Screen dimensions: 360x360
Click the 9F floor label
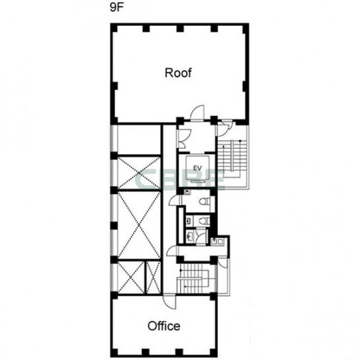click(x=117, y=8)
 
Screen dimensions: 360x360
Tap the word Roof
click(x=178, y=73)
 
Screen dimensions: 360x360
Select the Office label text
click(x=163, y=326)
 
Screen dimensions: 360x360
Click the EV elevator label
click(x=197, y=168)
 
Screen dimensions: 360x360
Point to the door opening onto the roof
click(x=197, y=112)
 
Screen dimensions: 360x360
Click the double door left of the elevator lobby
click(x=185, y=138)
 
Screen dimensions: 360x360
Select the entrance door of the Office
click(x=169, y=302)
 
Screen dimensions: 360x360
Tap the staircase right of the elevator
click(x=232, y=158)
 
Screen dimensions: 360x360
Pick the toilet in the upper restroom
click(x=204, y=202)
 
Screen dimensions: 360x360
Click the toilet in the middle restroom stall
click(x=204, y=221)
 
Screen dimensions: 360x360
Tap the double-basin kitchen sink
click(x=217, y=242)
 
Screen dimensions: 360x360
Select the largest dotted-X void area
click(x=139, y=225)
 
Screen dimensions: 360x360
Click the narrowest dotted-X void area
click(x=154, y=277)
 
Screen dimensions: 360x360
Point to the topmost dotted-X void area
click(x=139, y=173)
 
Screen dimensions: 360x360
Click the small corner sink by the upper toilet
click(x=187, y=192)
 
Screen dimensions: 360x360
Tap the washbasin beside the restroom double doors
click(x=190, y=235)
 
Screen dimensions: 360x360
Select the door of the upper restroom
click(x=175, y=201)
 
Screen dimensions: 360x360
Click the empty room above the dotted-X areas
click(x=139, y=140)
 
